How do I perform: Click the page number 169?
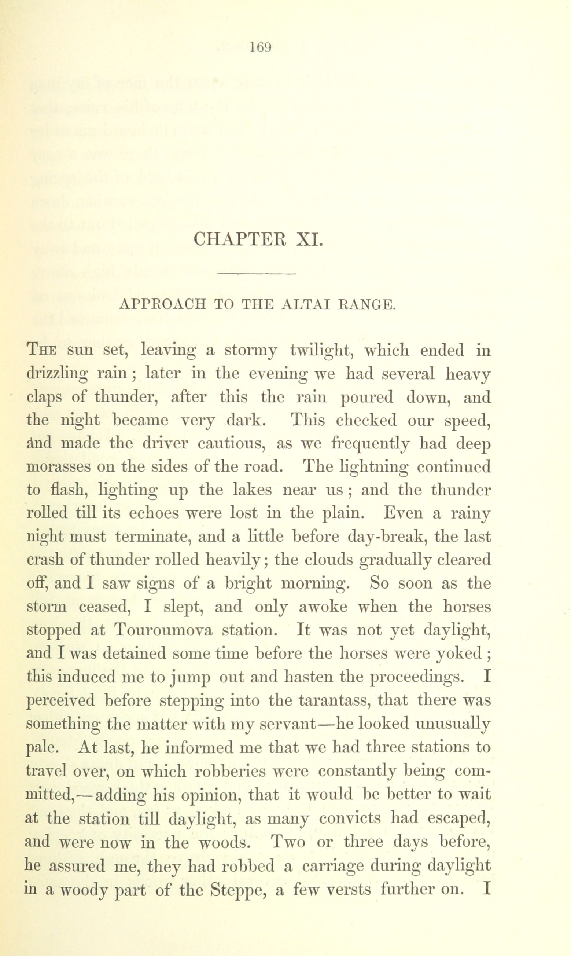(261, 47)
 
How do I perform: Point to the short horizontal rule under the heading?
(256, 274)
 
